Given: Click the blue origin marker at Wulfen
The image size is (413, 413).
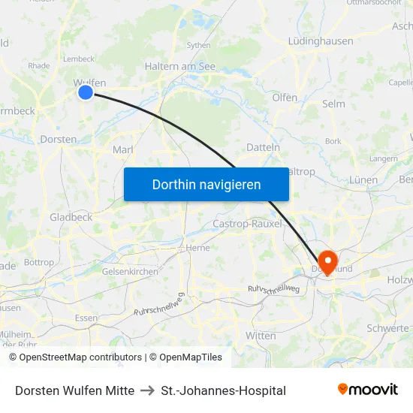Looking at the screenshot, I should coord(86,92).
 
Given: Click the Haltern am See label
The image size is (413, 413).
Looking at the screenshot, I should coord(179,66).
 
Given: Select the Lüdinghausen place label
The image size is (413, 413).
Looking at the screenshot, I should coord(321,41).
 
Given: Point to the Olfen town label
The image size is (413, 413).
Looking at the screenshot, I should coord(285,98).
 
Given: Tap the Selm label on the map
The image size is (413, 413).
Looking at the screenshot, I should coord(333,104).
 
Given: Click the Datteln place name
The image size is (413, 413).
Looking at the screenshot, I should coord(263,147).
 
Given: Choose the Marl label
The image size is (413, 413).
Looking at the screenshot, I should coord(122,150).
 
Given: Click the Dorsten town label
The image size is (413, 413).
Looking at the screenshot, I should coord(59,139).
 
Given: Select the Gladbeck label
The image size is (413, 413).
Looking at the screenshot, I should coord(71,217).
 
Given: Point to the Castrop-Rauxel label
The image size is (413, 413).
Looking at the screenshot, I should coord(248,224).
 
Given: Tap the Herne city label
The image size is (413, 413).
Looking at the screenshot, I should coord(197,247).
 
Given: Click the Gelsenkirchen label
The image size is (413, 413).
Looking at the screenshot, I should coord(130,271).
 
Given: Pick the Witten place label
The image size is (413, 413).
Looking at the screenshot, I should coord(261,336).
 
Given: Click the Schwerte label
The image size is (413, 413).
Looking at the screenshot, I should coord(387,328).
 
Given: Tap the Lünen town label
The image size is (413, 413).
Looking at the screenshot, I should coord(363,180).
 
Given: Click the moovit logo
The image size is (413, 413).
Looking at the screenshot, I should coord(368,390).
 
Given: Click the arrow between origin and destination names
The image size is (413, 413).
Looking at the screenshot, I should coord(148,390).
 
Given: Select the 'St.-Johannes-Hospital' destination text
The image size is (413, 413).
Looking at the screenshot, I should coord(223,390).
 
